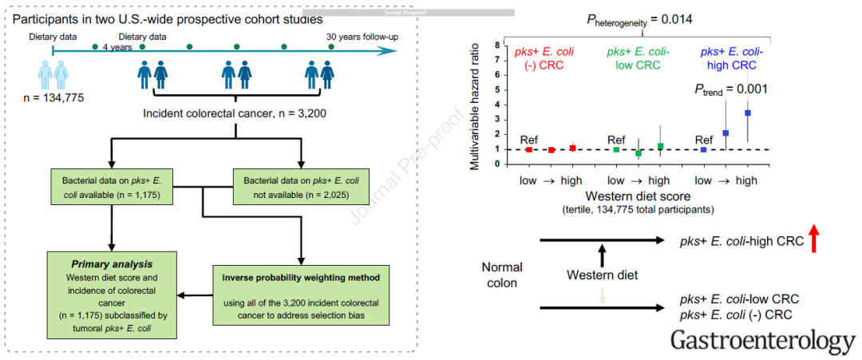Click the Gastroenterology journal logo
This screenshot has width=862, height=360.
pyautogui.click(x=764, y=341)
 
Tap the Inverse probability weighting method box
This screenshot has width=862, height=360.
pyautogui.click(x=302, y=295)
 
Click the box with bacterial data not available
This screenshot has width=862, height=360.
pyautogui.click(x=301, y=188)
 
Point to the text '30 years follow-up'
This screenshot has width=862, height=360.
pyautogui.click(x=362, y=38)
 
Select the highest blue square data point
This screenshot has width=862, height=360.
pyautogui.click(x=747, y=113)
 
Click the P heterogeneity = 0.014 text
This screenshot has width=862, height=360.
pyautogui.click(x=639, y=20)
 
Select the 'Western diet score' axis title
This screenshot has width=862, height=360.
pyautogui.click(x=631, y=196)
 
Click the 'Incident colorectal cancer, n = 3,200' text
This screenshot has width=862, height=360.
pyautogui.click(x=236, y=114)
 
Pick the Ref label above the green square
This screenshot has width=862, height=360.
pyautogui.click(x=615, y=139)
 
